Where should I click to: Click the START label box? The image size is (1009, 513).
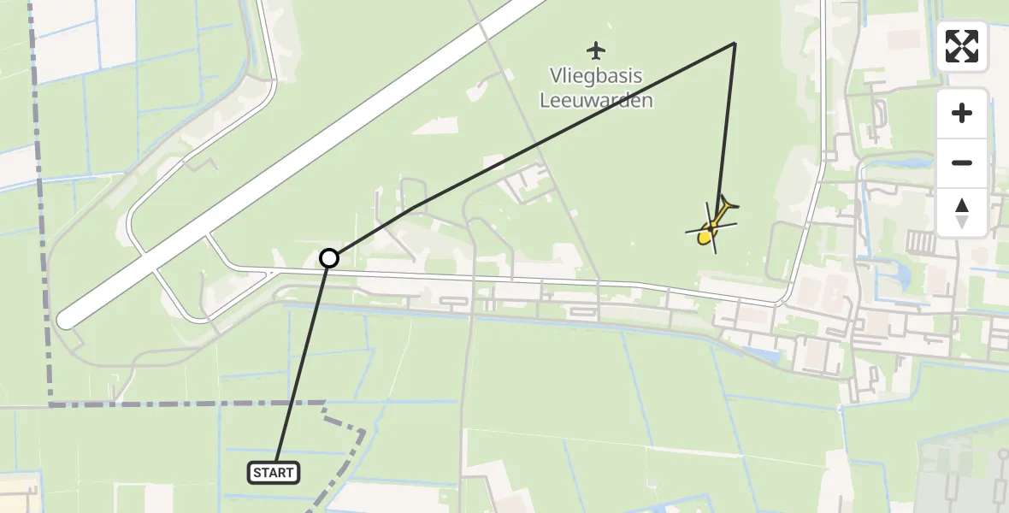274,472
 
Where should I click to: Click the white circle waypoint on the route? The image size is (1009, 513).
329,257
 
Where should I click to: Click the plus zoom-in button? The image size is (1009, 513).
962,113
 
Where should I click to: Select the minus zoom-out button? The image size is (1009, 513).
962,162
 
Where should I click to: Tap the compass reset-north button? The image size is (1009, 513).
962,212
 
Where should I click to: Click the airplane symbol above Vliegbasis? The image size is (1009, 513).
596,50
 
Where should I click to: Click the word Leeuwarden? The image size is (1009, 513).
596,100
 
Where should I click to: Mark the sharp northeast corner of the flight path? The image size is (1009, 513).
735,43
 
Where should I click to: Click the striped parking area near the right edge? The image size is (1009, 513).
919,241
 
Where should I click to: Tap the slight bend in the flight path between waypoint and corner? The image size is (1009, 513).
413,207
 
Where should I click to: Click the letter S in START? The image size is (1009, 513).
257,472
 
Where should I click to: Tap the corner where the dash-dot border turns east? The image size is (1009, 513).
49,404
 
